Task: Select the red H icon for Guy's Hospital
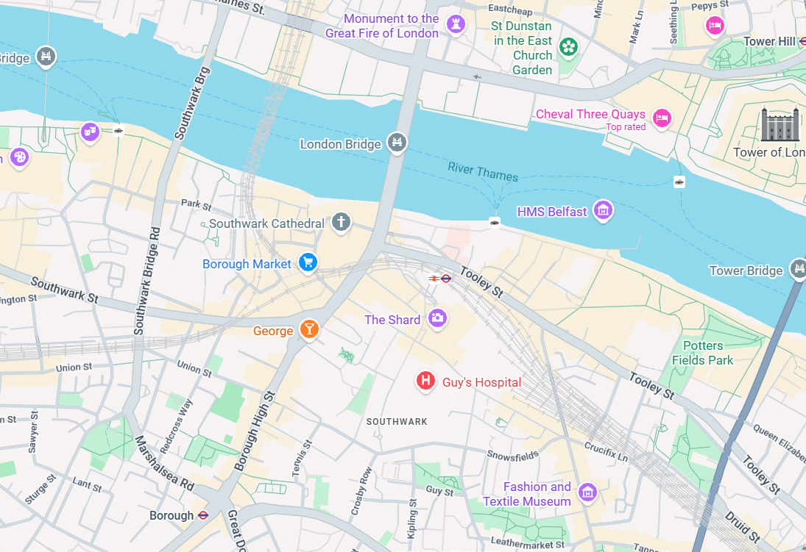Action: coord(425,380)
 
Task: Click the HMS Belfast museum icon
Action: coord(604,209)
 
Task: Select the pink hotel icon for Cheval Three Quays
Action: coord(662,117)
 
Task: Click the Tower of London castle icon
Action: coord(775,124)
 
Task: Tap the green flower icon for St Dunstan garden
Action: coord(568,47)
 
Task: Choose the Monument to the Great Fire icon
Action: coord(456,24)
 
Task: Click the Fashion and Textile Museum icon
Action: coord(587,492)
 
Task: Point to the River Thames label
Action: coord(483,172)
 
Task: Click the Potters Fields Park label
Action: coord(702,353)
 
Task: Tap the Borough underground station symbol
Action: coord(203,515)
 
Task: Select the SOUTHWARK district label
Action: coord(397,421)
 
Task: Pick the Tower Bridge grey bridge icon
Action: coord(798,268)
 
